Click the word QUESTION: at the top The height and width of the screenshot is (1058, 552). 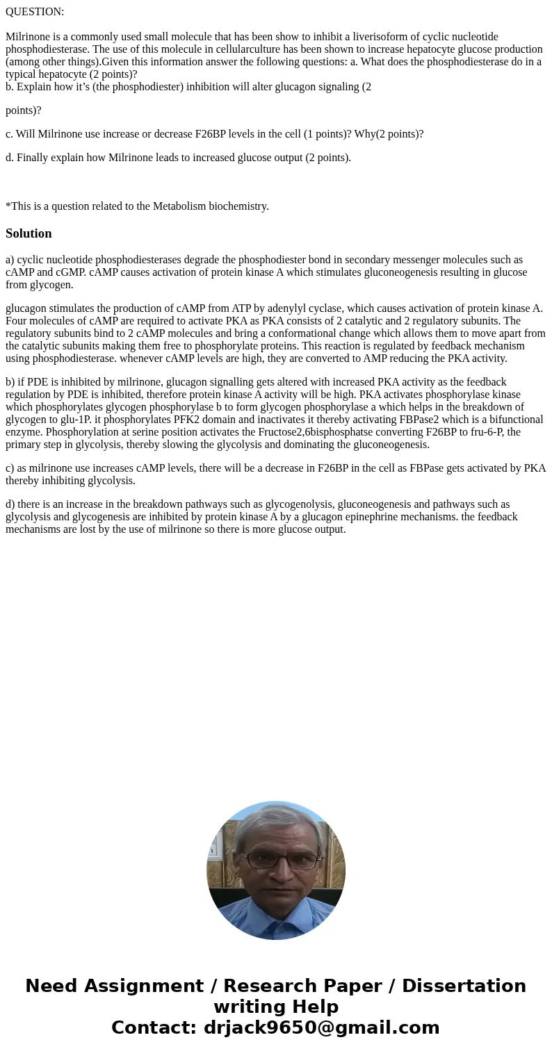click(35, 12)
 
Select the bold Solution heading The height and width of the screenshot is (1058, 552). click(29, 233)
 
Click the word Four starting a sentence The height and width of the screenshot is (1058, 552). click(18, 321)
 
